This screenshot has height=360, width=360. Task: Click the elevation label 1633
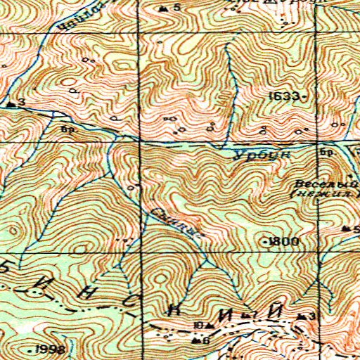click(287, 95)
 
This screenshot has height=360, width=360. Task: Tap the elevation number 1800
click(283, 241)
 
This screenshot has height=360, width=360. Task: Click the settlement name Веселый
click(309, 181)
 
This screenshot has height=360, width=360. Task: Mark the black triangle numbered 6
click(195, 341)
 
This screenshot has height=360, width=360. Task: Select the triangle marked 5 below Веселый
click(346, 229)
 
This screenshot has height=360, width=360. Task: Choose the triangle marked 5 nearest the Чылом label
click(164, 8)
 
